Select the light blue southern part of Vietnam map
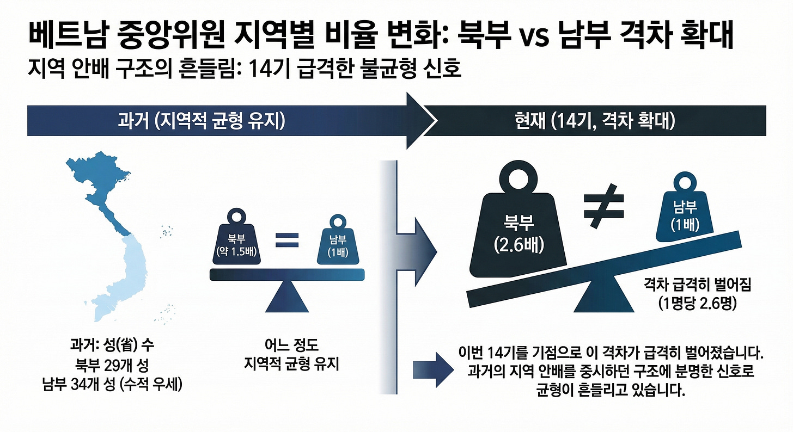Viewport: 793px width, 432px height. coord(117,277)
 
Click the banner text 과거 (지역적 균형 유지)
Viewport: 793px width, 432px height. coord(202,121)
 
